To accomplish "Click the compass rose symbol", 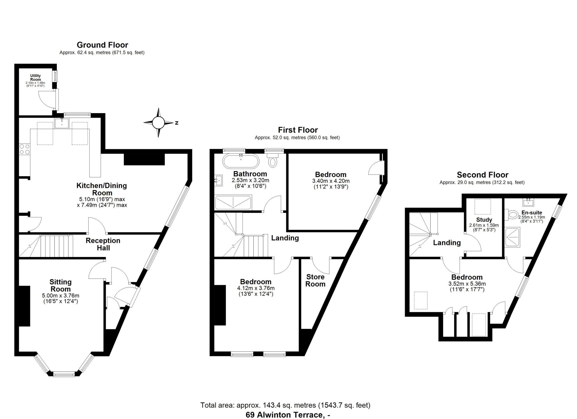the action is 159,122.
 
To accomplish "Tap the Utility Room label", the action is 35,78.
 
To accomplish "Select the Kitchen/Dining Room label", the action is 102,189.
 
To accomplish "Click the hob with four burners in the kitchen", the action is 24,149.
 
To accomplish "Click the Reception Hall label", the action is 103,244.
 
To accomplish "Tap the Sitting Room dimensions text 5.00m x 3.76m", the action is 61,296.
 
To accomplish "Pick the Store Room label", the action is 315,280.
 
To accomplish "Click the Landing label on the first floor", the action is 285,238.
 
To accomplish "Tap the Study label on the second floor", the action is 484,220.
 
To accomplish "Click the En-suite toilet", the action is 512,214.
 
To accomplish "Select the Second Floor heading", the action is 483,175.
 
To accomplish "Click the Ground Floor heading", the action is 102,45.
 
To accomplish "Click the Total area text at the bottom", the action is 285,405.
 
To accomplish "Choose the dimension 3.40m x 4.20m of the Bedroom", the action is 331,181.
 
